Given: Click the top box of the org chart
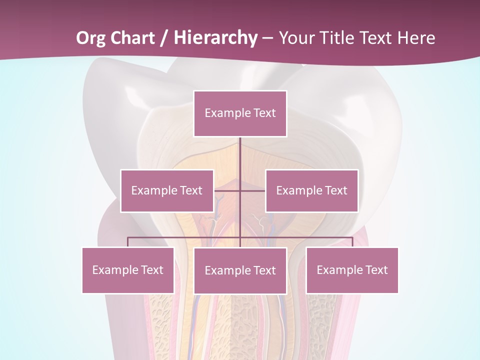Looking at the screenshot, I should [240, 113].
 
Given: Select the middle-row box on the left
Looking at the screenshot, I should [167, 191].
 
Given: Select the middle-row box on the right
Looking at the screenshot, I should [311, 191].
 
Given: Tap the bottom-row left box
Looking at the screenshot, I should [128, 270].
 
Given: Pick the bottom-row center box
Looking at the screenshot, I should [240, 271].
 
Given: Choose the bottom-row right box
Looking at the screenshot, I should [352, 270].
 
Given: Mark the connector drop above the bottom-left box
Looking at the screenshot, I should [128, 242].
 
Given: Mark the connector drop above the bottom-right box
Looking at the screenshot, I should [352, 242].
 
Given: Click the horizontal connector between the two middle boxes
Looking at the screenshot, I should [239, 190].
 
